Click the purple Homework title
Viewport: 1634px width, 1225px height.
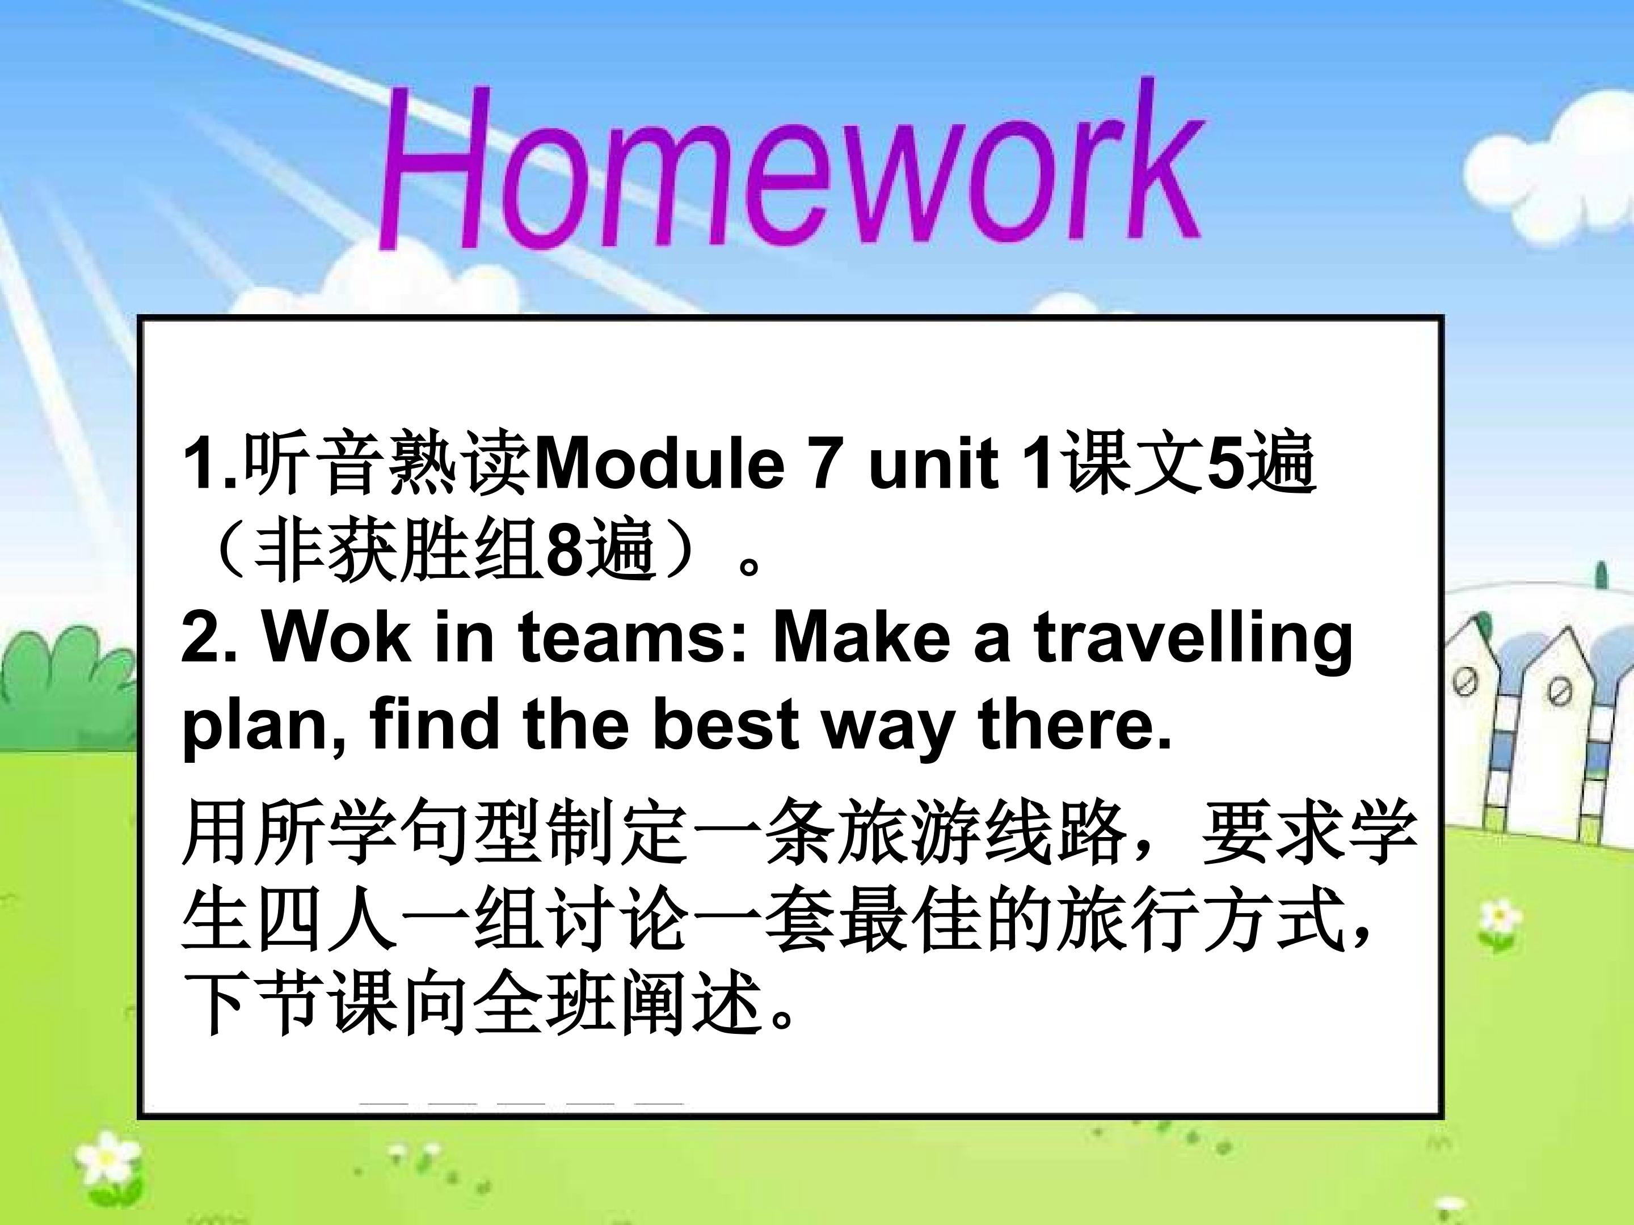(x=789, y=166)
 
